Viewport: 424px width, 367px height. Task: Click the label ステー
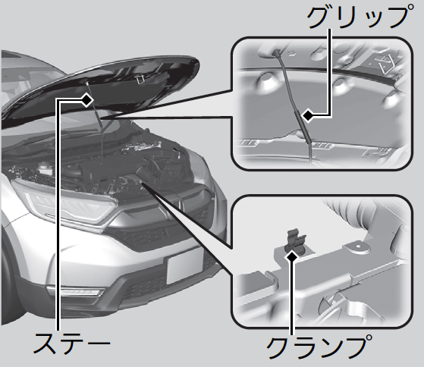click(71, 344)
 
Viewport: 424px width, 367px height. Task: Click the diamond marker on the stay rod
click(86, 100)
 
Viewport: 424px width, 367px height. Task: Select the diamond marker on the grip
click(308, 116)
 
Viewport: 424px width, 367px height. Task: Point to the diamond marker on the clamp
click(291, 256)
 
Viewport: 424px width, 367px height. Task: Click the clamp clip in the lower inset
click(295, 241)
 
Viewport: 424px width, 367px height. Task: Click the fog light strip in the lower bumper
click(76, 291)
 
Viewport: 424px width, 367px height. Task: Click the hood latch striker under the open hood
click(140, 79)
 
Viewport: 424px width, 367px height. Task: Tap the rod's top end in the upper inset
click(277, 52)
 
